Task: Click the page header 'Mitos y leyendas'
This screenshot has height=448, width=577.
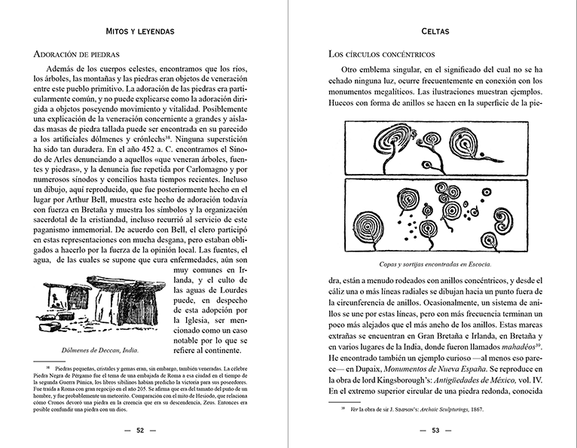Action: [142, 32]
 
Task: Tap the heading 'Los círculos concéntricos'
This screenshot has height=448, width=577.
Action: [382, 54]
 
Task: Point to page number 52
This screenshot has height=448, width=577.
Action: [141, 431]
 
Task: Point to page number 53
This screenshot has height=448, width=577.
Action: [435, 431]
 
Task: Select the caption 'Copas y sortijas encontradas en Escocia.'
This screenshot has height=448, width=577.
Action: [435, 265]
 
